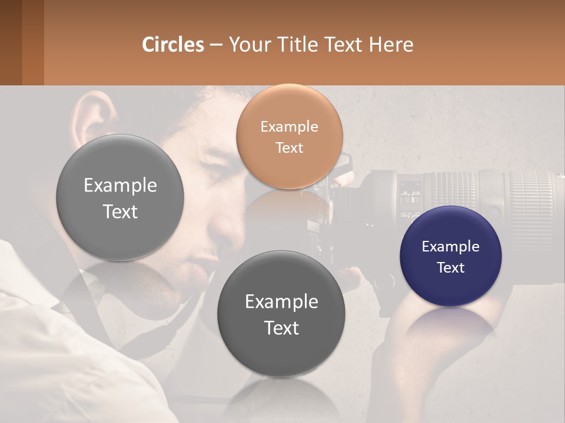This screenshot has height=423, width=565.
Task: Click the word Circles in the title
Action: tap(172, 45)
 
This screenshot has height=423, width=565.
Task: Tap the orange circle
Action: tap(289, 136)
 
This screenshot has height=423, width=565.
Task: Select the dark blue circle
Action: tap(450, 257)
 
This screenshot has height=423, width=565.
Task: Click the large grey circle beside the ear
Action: tap(120, 198)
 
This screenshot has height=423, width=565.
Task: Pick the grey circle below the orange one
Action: tap(281, 314)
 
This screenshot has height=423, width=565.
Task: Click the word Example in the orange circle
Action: tap(289, 126)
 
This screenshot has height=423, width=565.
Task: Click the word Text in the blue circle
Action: tap(450, 268)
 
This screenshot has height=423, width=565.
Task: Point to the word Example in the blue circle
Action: tap(450, 247)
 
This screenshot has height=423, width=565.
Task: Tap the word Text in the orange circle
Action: tap(289, 147)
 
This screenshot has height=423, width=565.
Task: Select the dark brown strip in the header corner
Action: tap(11, 42)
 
